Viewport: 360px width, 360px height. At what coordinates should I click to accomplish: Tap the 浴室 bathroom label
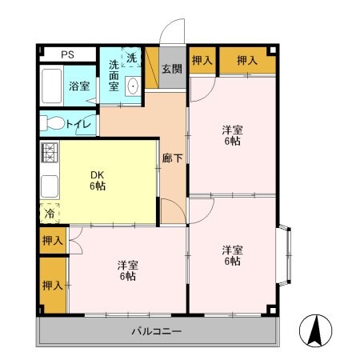point(78,86)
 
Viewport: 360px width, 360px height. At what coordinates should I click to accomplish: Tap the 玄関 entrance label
point(171,69)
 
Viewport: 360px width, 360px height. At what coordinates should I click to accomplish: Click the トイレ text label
point(78,124)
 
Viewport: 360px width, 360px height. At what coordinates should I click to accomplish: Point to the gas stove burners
point(49,151)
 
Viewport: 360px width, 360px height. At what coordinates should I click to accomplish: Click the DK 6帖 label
point(97,181)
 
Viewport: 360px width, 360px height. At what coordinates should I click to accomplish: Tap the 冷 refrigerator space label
point(50,214)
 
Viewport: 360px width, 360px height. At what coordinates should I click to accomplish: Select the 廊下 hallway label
point(172,158)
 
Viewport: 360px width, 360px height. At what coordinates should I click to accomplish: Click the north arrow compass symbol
point(315,328)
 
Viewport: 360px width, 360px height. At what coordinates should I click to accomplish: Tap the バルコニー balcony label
point(156,331)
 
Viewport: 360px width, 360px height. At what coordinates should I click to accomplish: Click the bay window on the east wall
point(286,257)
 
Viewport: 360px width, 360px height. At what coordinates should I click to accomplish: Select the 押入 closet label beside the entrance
point(202,60)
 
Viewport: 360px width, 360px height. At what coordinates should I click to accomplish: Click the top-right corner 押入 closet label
point(246,60)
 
